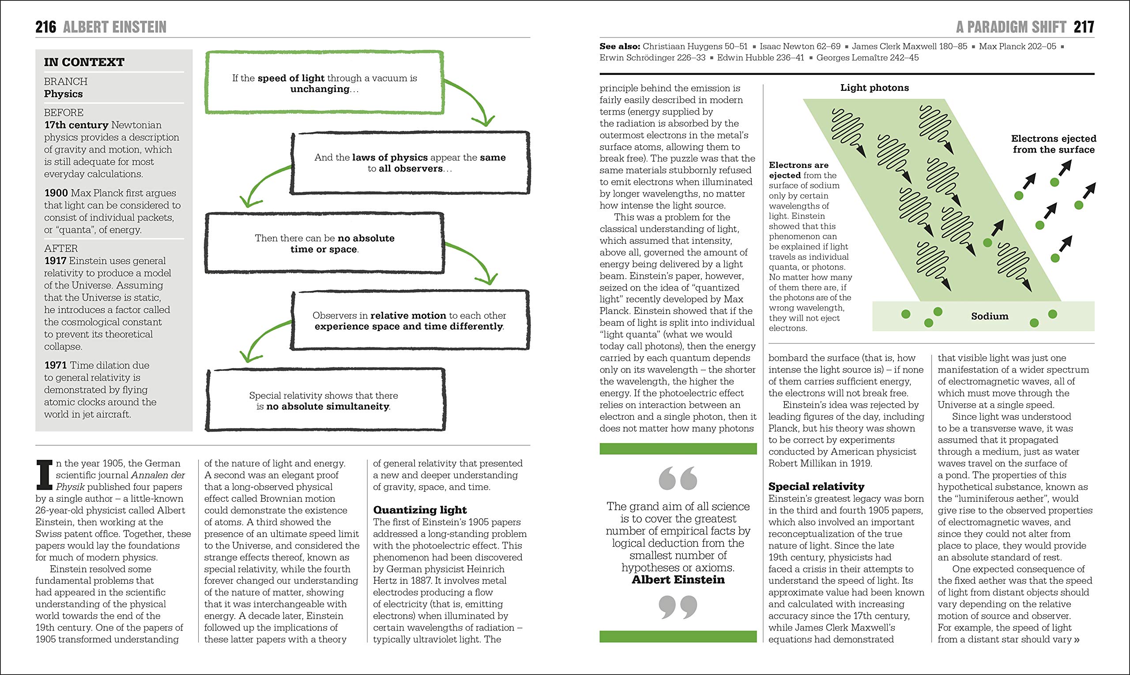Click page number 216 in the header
point(45,27)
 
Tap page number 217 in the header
point(1084,27)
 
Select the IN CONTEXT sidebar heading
point(84,62)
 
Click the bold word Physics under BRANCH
point(63,94)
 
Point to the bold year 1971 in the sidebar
point(56,365)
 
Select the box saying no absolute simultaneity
point(324,401)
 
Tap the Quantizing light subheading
point(420,510)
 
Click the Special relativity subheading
point(816,486)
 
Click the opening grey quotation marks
point(678,477)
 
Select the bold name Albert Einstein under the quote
point(678,579)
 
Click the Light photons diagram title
point(874,88)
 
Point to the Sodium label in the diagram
point(989,316)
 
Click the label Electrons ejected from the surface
point(1054,144)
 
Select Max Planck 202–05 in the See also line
point(1017,46)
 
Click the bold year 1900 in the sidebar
point(56,193)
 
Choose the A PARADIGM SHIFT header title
point(1011,27)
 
